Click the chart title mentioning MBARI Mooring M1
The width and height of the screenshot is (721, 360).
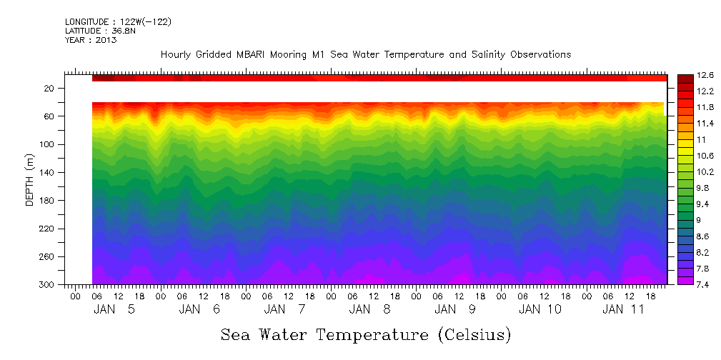click(x=365, y=55)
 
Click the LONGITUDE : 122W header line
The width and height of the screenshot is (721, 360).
click(x=118, y=22)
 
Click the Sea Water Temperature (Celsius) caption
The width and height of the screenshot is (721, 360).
click(x=366, y=334)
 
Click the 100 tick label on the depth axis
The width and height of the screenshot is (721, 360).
click(x=48, y=144)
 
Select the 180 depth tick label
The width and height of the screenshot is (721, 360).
click(x=48, y=201)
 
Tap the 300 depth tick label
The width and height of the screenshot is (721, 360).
click(x=48, y=285)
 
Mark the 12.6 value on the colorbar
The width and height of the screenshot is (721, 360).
click(x=705, y=75)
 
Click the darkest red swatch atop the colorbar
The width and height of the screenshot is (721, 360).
click(x=685, y=77)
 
